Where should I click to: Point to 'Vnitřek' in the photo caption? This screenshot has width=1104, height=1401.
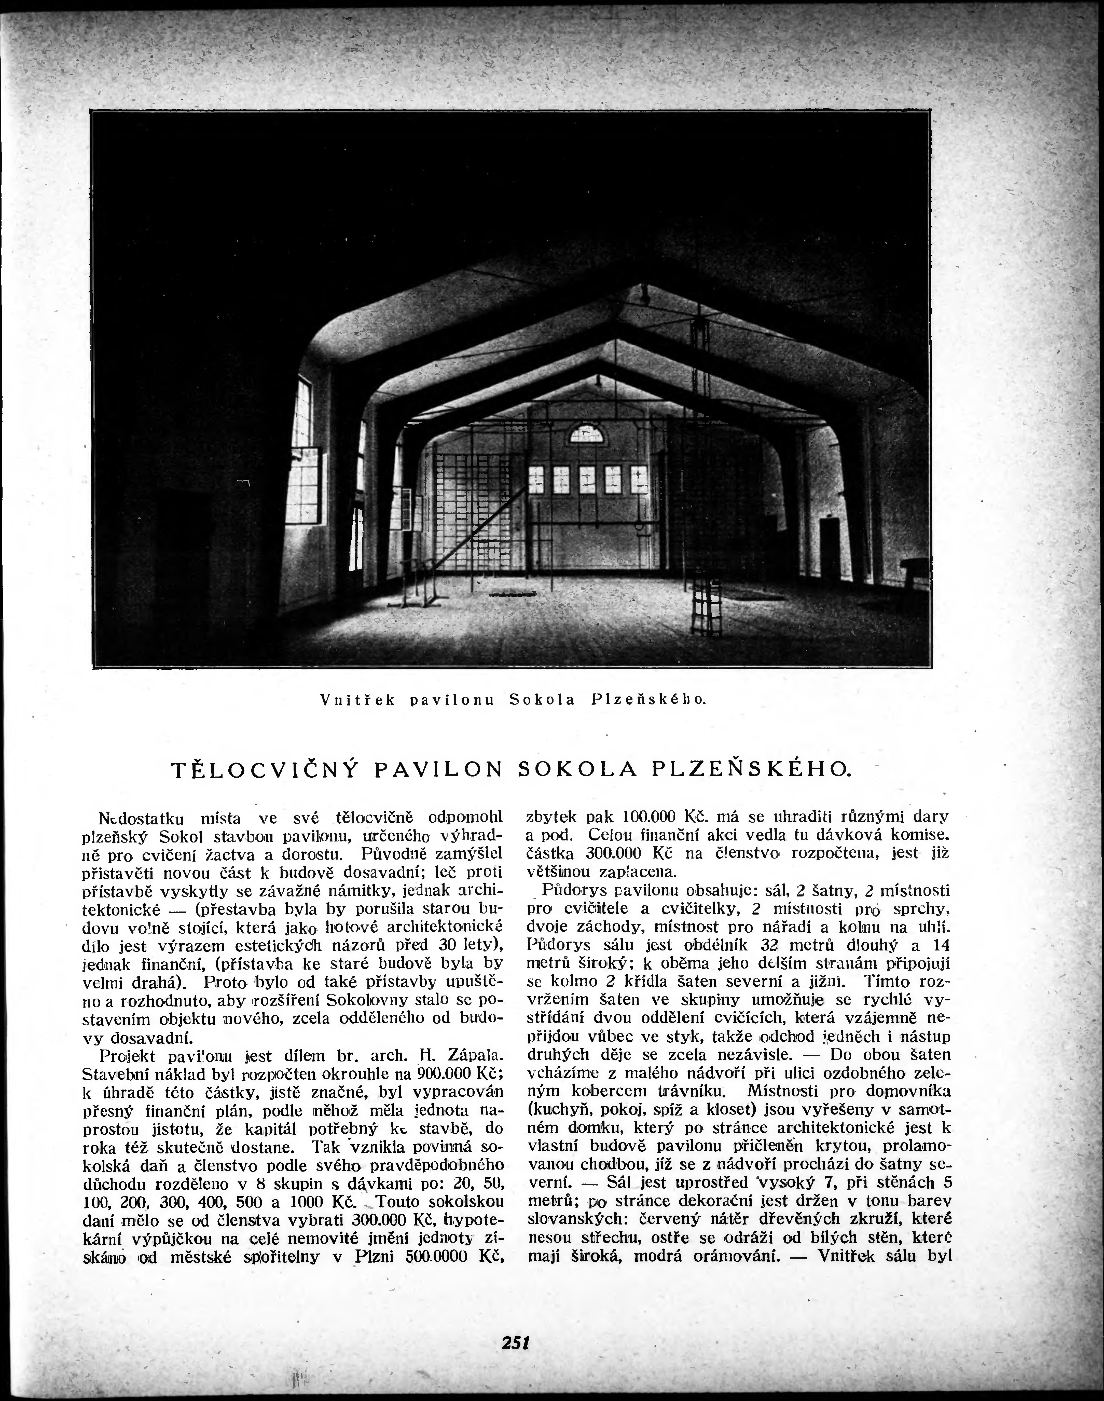coord(357,700)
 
